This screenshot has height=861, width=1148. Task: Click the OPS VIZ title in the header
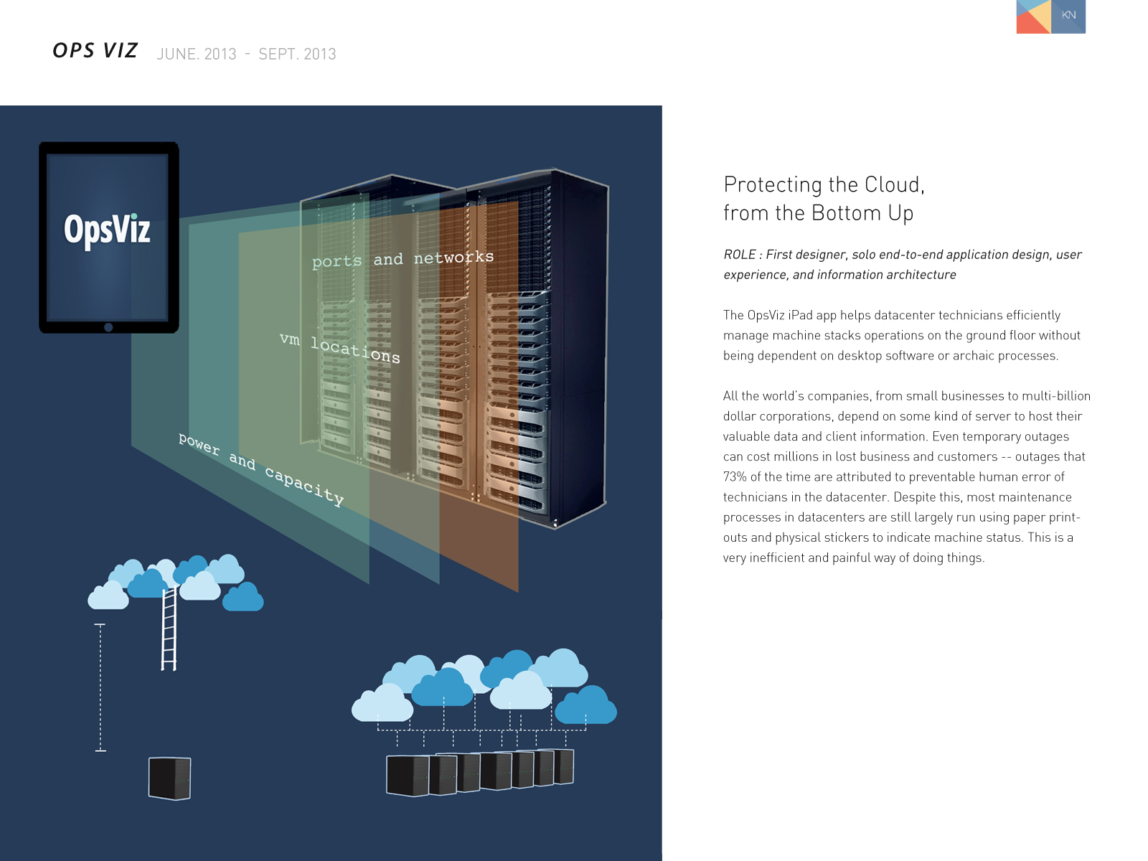[95, 51]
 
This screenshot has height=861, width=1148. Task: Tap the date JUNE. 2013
[197, 55]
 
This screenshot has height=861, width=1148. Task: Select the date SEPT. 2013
[297, 55]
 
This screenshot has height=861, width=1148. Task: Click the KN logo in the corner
[1050, 17]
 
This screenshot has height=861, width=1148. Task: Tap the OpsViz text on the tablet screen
[107, 230]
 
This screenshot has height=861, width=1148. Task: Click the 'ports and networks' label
[403, 259]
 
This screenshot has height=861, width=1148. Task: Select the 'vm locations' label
[340, 347]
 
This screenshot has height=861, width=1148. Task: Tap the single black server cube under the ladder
[169, 778]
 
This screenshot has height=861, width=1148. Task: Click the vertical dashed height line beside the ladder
[100, 687]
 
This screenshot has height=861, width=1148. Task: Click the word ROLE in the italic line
[739, 255]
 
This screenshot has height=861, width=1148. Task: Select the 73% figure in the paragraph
[735, 477]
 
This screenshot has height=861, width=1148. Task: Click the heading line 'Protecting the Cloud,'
[824, 185]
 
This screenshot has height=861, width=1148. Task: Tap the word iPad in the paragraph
[800, 316]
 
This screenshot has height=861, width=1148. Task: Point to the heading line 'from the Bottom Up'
[818, 214]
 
